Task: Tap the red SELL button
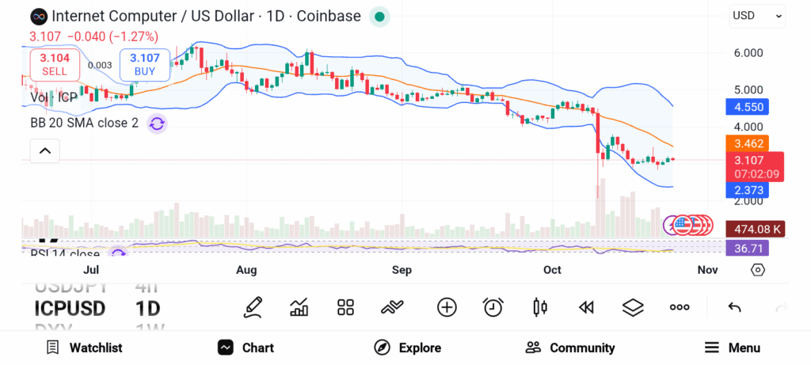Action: click(55, 64)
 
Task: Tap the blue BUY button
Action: click(145, 64)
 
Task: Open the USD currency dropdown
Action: click(757, 15)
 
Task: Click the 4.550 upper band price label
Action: click(747, 107)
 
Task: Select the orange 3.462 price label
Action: click(747, 144)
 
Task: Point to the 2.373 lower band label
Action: click(747, 190)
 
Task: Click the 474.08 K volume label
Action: click(747, 230)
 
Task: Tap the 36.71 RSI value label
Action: click(747, 248)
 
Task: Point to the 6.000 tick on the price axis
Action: click(748, 53)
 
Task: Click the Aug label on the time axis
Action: click(246, 270)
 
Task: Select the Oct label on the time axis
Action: click(552, 270)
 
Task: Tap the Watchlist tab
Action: click(85, 348)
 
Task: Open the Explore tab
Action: click(408, 348)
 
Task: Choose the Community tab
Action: click(570, 348)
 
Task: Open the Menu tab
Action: click(733, 348)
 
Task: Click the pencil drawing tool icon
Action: click(253, 307)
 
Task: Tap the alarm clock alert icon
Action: click(493, 307)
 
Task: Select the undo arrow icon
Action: click(734, 307)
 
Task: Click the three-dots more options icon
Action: click(680, 307)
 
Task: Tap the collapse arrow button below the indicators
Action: click(45, 150)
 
